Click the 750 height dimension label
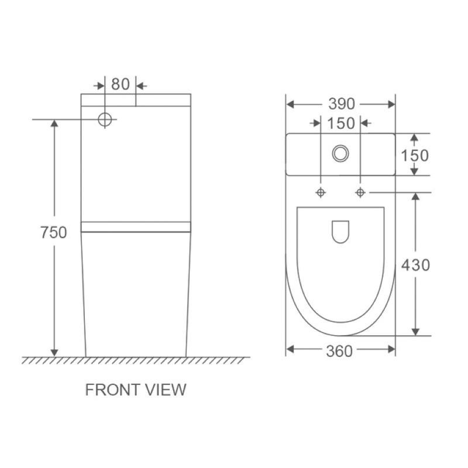(x=54, y=232)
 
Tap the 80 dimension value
(x=121, y=84)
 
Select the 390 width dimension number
(x=342, y=104)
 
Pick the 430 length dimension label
(x=415, y=265)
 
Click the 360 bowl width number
(x=339, y=352)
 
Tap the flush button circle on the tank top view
(x=340, y=153)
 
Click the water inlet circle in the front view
(x=105, y=119)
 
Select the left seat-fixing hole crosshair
(x=321, y=192)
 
